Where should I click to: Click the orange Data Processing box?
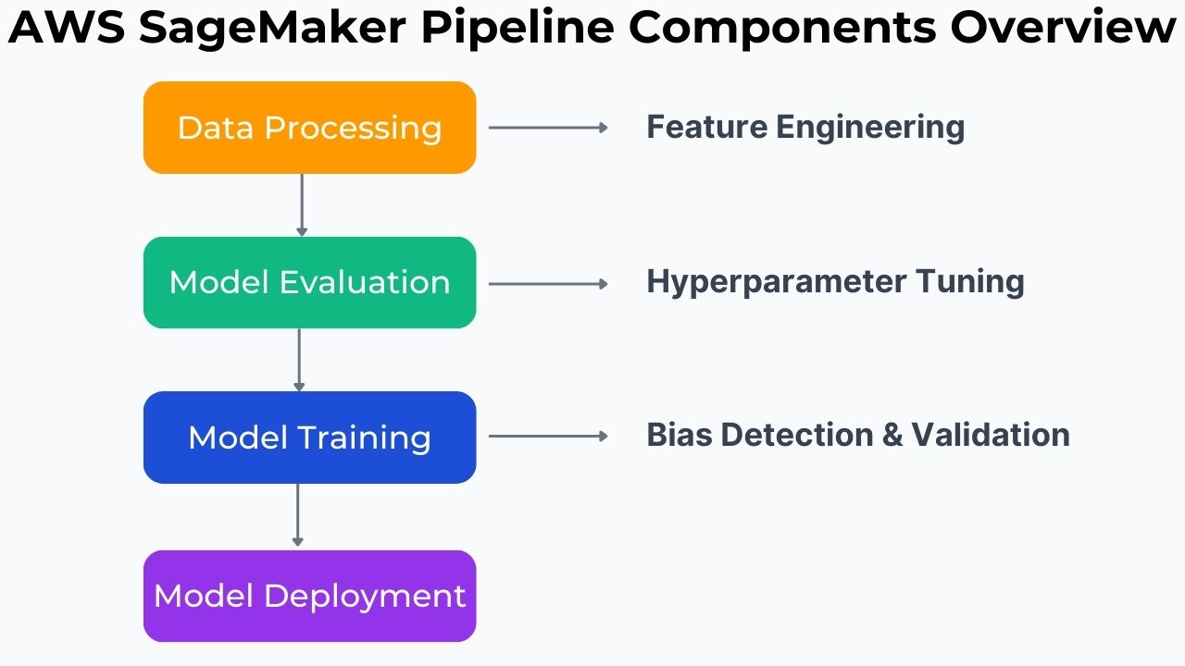tap(309, 128)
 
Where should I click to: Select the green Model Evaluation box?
tap(309, 282)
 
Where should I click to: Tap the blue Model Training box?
tap(309, 437)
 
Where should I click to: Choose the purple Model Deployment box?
tap(309, 596)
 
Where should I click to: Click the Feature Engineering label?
tap(805, 127)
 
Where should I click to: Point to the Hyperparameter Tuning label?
tap(834, 281)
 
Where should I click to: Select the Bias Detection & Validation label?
tap(857, 435)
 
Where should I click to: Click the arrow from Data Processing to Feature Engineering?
tap(547, 128)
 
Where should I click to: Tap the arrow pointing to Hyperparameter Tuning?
tap(547, 284)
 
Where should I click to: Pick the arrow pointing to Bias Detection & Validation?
tap(547, 436)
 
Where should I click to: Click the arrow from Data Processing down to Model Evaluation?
tap(301, 204)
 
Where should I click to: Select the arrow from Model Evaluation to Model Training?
tap(299, 360)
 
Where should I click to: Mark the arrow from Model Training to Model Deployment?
tap(297, 514)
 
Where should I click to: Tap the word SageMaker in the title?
tap(272, 30)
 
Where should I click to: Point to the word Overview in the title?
tap(1063, 30)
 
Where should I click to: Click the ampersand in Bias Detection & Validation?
tap(892, 435)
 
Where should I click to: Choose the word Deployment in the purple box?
tap(365, 596)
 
